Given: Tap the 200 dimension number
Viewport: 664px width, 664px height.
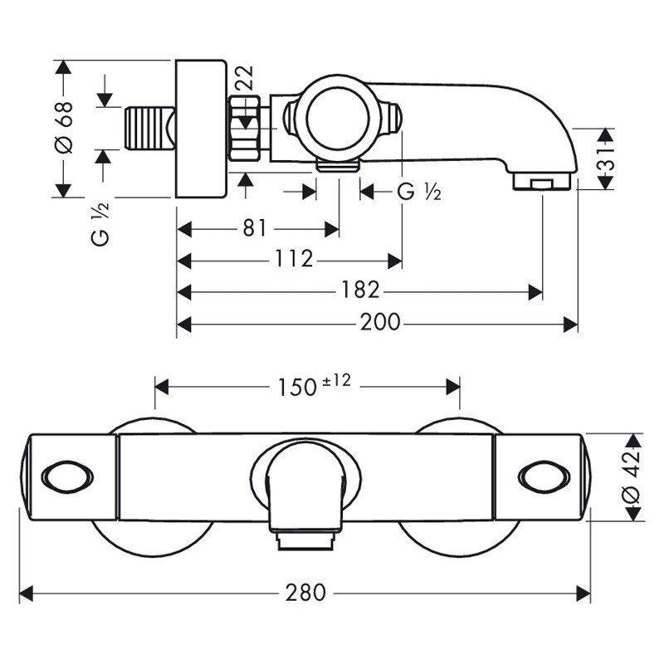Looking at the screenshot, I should (379, 323).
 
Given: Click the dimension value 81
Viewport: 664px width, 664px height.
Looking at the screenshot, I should (256, 228).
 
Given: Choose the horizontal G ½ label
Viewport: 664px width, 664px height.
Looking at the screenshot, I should (418, 192).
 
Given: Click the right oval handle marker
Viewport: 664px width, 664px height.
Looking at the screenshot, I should (543, 476).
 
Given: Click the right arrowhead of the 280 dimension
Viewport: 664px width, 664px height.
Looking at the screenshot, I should (584, 593).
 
